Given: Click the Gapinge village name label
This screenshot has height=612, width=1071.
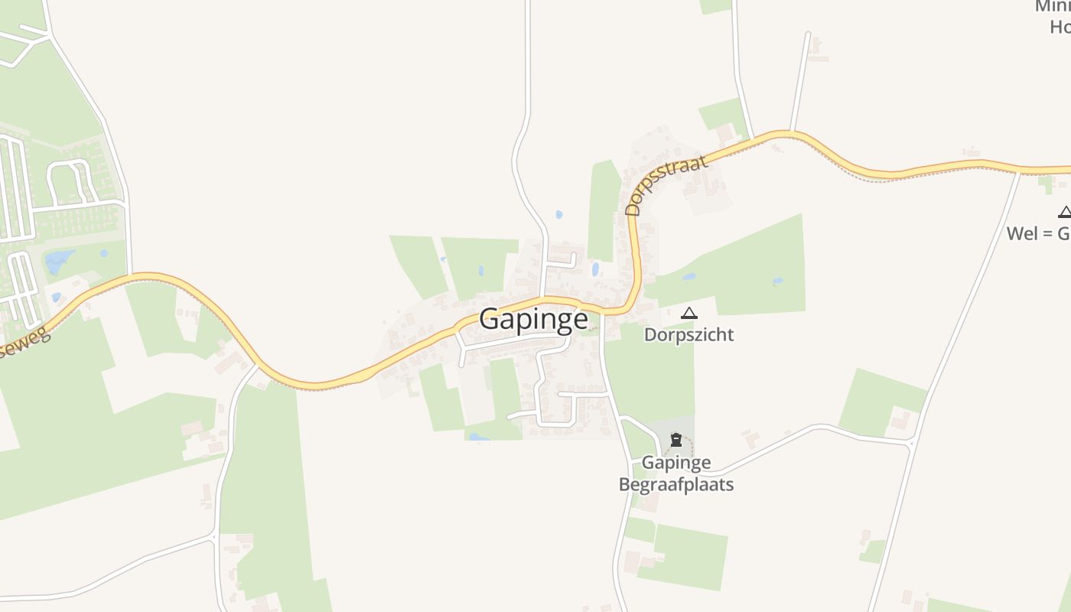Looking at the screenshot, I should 533,320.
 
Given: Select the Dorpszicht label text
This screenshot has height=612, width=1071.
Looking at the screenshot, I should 688,335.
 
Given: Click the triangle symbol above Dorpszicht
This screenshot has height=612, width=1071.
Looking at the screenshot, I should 689,313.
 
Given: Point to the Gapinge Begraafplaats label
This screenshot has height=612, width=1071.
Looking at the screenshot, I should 676,474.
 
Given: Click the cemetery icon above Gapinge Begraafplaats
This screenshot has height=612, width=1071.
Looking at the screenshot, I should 676,440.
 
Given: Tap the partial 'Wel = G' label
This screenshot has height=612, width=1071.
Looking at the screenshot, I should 1038,233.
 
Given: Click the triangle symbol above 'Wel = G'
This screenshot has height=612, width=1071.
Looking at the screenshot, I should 1065,212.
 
